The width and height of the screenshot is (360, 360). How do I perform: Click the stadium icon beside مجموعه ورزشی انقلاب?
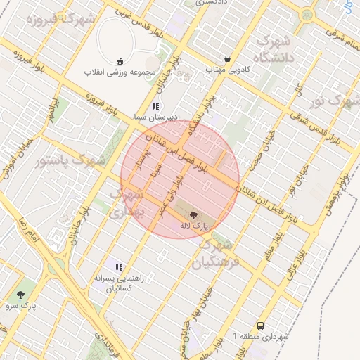click(120, 60)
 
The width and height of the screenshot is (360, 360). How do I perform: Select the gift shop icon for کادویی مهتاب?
click(226, 59)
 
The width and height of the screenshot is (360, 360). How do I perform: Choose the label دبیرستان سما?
click(156, 116)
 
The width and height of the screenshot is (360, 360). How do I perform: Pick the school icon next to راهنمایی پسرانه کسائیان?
click(119, 267)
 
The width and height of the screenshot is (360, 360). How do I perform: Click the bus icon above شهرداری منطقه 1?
click(261, 326)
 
